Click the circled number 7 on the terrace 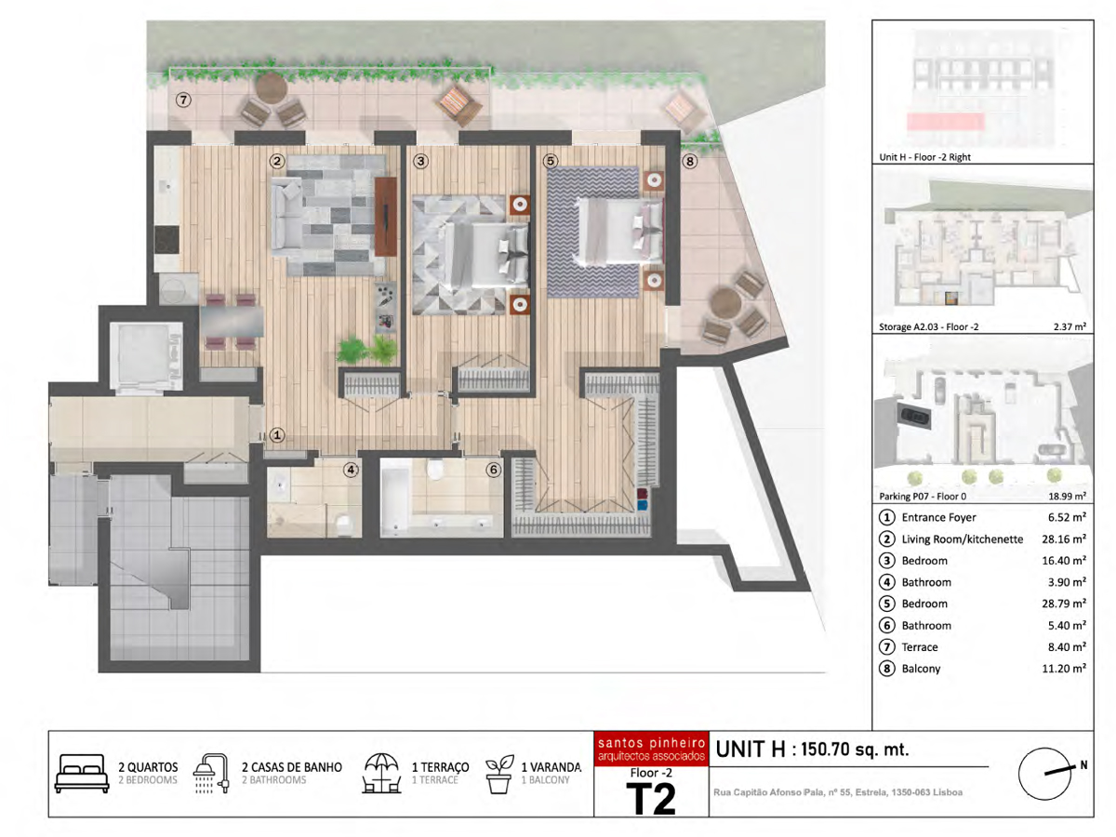pyautogui.click(x=183, y=100)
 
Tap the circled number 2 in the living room pyautogui.click(x=276, y=161)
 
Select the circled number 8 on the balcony pyautogui.click(x=689, y=161)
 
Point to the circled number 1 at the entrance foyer pyautogui.click(x=277, y=435)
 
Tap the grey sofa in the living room pyautogui.click(x=287, y=216)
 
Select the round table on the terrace pyautogui.click(x=272, y=88)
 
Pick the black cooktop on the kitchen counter pyautogui.click(x=166, y=240)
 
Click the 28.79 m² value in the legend pyautogui.click(x=1064, y=604)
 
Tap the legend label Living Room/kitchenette pyautogui.click(x=962, y=538)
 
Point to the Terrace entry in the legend pyautogui.click(x=919, y=647)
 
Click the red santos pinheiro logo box pyautogui.click(x=651, y=749)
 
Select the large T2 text pyautogui.click(x=651, y=798)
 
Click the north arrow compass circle pyautogui.click(x=1044, y=774)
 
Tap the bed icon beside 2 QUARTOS pyautogui.click(x=82, y=774)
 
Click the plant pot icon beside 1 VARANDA pyautogui.click(x=498, y=774)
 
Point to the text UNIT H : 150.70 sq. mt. pyautogui.click(x=812, y=750)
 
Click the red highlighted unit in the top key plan pyautogui.click(x=945, y=122)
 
